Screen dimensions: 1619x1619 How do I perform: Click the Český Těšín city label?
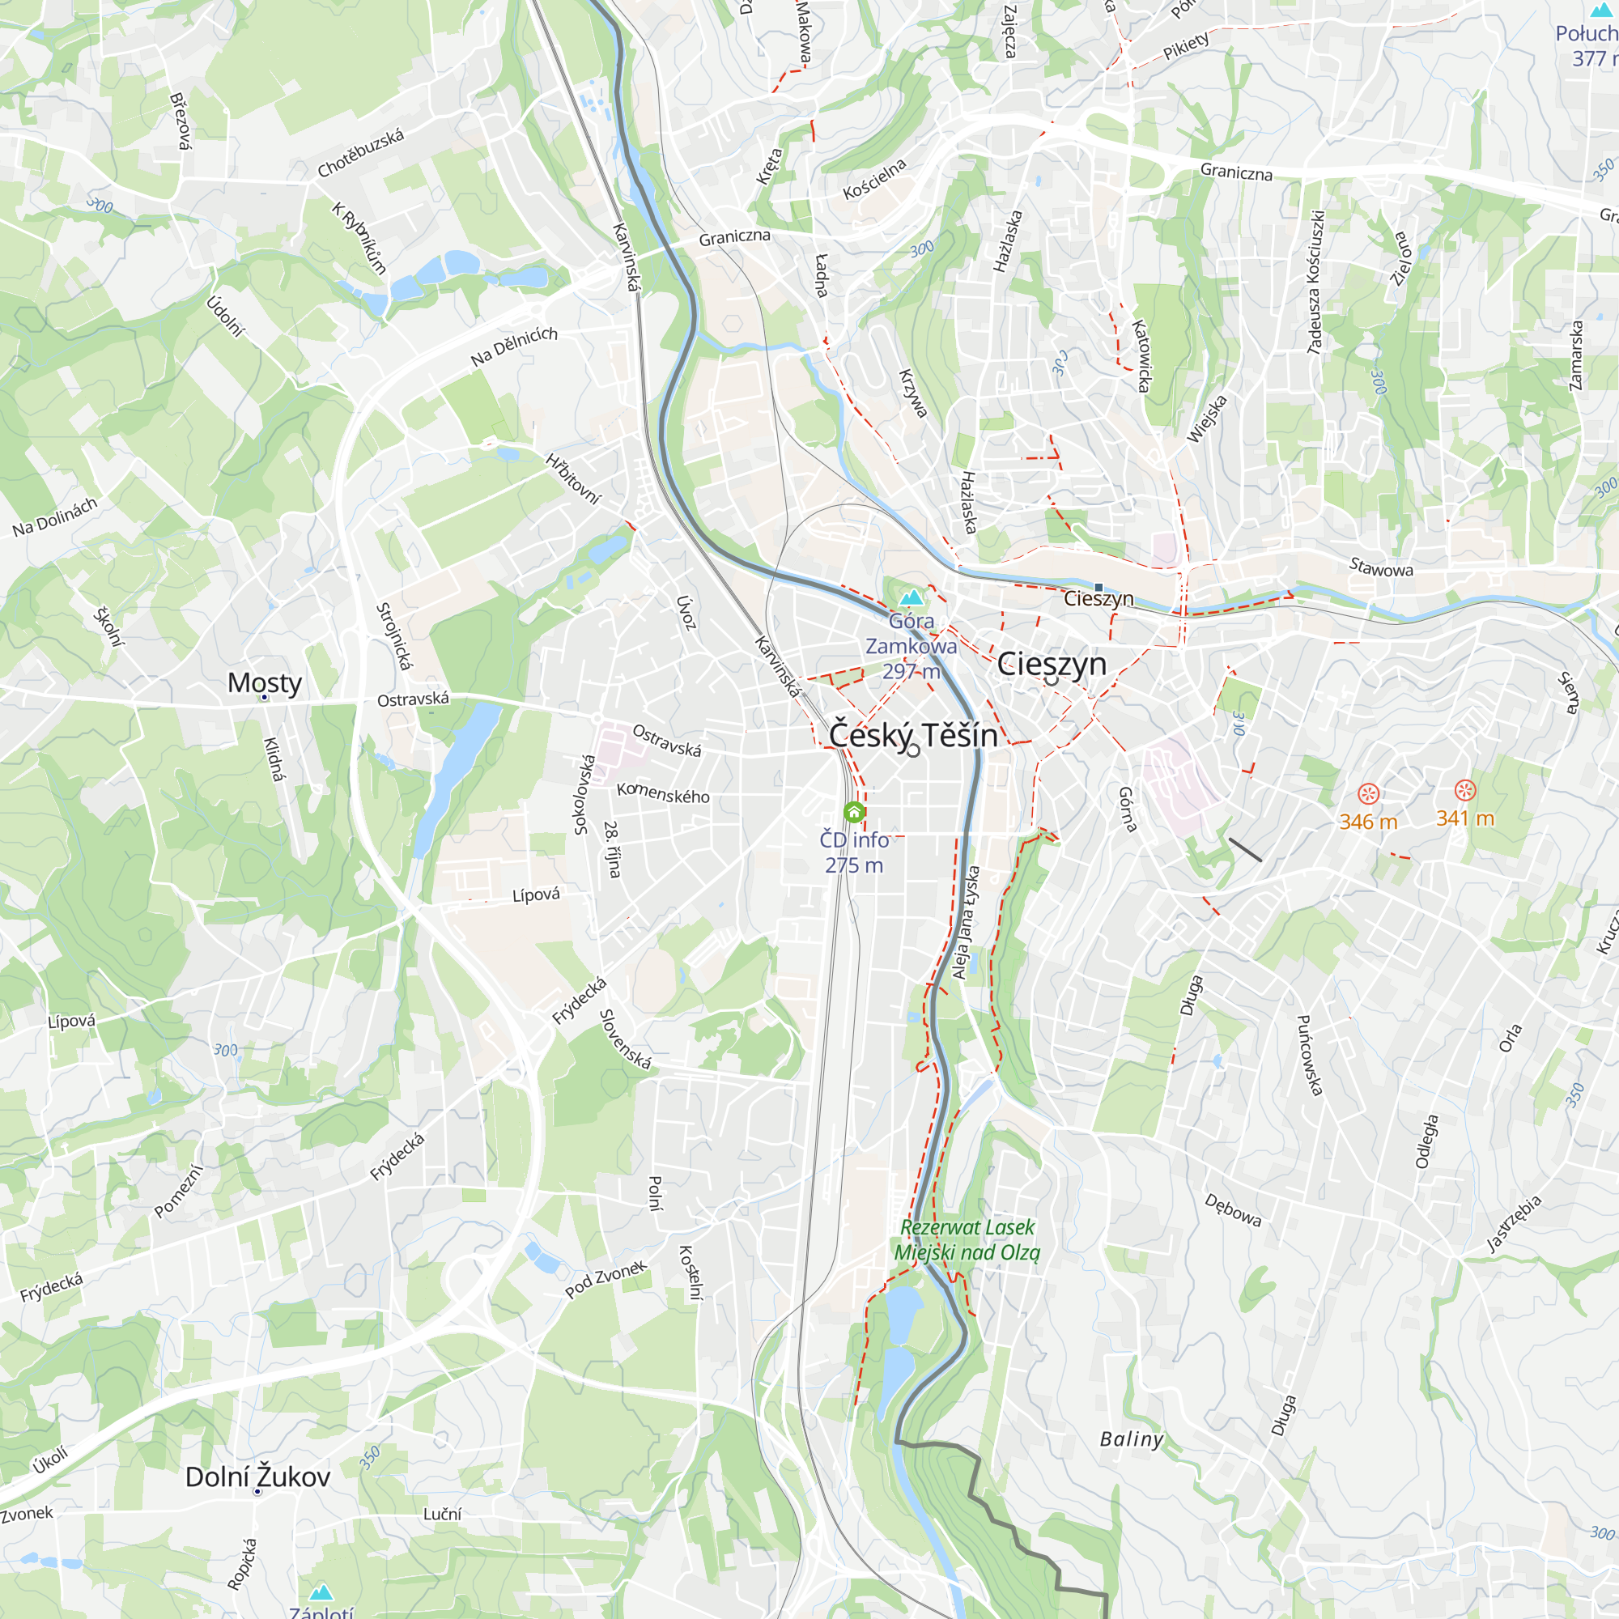click(913, 735)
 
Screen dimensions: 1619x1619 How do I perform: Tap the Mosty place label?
click(264, 682)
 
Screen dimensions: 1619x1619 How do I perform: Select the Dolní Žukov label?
click(257, 1477)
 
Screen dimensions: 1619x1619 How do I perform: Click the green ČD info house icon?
click(854, 811)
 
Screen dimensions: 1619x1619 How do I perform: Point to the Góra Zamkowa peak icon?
click(911, 597)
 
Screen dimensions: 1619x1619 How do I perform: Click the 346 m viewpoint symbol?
click(1367, 793)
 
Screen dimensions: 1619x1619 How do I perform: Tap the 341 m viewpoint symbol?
click(1465, 789)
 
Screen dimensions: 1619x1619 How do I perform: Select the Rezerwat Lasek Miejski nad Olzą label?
click(967, 1239)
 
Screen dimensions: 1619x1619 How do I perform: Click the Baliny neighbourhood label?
click(1132, 1438)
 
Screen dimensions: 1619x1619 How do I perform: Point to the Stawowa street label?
click(1381, 568)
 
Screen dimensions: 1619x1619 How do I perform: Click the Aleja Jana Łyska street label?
click(967, 922)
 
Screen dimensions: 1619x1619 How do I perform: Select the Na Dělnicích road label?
click(514, 346)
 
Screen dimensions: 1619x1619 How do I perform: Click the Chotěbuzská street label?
click(360, 152)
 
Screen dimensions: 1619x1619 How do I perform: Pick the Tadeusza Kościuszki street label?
click(1315, 282)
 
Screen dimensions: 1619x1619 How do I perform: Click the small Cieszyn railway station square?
click(1098, 588)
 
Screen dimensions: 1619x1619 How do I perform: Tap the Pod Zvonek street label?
click(606, 1279)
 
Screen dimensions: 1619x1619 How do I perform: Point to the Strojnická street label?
click(394, 636)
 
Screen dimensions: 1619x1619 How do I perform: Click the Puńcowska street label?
click(1309, 1055)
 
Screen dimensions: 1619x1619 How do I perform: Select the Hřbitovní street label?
click(573, 478)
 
